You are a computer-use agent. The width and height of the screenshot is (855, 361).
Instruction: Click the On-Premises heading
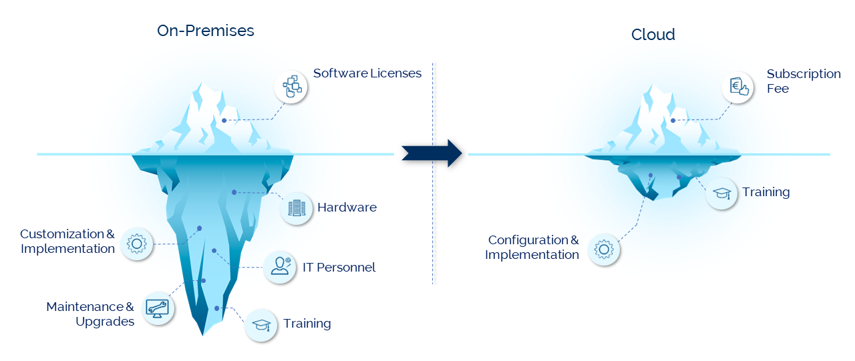pos(205,31)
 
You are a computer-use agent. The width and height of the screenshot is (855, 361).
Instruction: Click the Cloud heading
pos(653,35)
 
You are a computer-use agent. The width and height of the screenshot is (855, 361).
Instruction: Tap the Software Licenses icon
pos(291,87)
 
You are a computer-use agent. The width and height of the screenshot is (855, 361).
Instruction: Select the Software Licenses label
pos(367,73)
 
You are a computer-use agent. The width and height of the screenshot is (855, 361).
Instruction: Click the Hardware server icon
pos(296,208)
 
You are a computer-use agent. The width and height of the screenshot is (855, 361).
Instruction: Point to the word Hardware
pos(347,208)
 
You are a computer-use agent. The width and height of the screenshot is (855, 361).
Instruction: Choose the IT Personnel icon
pos(279,267)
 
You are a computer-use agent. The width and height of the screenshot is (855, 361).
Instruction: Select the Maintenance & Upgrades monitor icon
pos(158,308)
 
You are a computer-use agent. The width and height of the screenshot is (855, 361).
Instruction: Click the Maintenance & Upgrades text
pos(90,314)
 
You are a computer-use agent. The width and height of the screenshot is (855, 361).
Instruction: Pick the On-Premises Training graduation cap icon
pos(261,325)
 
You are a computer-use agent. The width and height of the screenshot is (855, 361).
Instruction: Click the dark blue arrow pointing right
pos(432,153)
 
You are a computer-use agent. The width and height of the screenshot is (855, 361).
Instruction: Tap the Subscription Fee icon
pos(738,87)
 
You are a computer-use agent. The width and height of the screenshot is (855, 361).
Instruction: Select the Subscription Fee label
pos(803,81)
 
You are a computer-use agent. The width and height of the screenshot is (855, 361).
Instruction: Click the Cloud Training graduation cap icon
pos(722,194)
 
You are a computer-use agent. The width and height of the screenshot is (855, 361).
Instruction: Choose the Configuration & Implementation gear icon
pos(603,250)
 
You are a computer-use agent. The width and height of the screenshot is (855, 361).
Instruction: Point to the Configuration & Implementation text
pos(533,248)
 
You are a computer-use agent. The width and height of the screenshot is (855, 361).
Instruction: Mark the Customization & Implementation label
pos(67,242)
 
